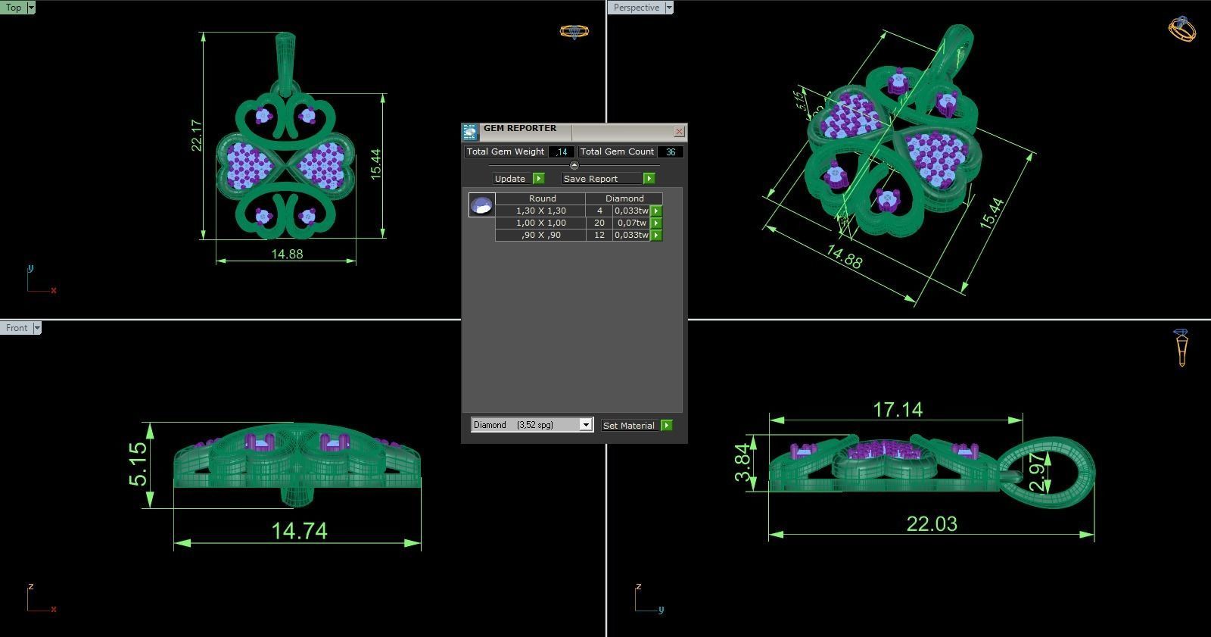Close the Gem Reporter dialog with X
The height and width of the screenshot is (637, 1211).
tap(679, 132)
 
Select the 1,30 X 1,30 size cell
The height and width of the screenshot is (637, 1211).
tap(540, 211)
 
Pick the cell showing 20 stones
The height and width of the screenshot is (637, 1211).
tap(599, 223)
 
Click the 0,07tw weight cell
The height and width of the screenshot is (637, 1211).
tap(630, 223)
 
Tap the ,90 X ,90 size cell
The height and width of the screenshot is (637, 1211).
tap(540, 236)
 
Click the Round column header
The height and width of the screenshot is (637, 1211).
tap(542, 198)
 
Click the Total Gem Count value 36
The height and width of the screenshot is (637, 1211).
tap(670, 152)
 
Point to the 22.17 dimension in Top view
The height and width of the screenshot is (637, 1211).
tap(197, 135)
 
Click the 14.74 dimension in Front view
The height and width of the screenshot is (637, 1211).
tap(299, 530)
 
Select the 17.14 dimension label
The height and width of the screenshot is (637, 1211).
tap(897, 410)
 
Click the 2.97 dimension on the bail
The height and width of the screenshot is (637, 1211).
tap(1038, 471)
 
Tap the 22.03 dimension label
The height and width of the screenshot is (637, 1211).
tap(932, 523)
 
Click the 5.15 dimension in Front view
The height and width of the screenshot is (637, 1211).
tap(138, 464)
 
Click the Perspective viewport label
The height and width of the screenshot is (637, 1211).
tap(636, 8)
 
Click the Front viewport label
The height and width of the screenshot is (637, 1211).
tap(16, 328)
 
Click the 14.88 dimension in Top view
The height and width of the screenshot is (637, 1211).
tap(287, 254)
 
